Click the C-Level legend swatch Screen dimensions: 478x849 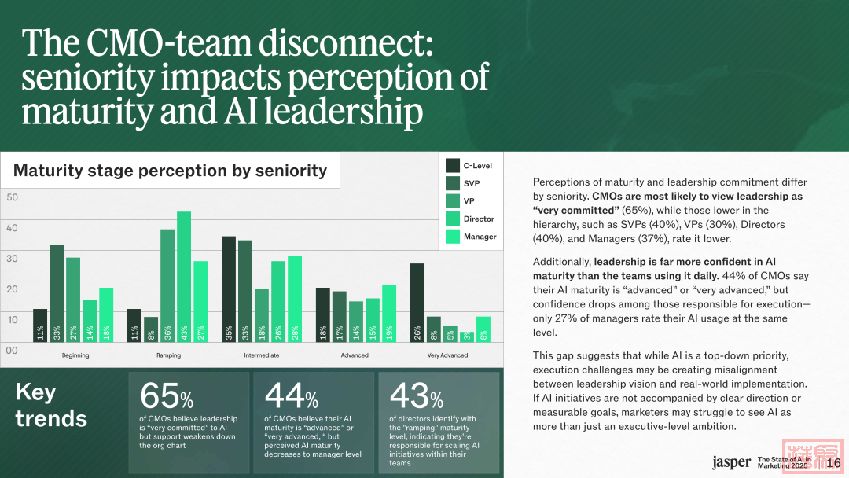(x=453, y=165)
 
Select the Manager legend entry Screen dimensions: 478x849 (x=480, y=237)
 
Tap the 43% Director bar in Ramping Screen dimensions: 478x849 (x=184, y=278)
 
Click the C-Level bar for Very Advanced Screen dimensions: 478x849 (x=417, y=304)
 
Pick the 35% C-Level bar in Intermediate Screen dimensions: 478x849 (x=229, y=290)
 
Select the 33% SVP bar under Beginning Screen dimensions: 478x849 (x=57, y=294)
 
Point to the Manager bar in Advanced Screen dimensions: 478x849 (x=388, y=314)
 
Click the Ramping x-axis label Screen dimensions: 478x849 (x=168, y=355)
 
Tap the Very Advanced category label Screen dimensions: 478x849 (x=447, y=355)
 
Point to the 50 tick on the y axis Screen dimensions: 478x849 (x=12, y=197)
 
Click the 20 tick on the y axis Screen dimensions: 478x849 (x=12, y=289)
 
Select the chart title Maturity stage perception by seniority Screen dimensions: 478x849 (x=170, y=170)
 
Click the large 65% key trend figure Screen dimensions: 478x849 (x=166, y=395)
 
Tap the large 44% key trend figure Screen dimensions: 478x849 (x=291, y=395)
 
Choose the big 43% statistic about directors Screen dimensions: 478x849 (x=416, y=395)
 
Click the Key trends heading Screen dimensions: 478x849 (x=51, y=405)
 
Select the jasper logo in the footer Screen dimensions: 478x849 (x=731, y=462)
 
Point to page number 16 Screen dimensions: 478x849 (x=835, y=462)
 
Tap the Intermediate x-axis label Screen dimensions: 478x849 (x=262, y=355)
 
